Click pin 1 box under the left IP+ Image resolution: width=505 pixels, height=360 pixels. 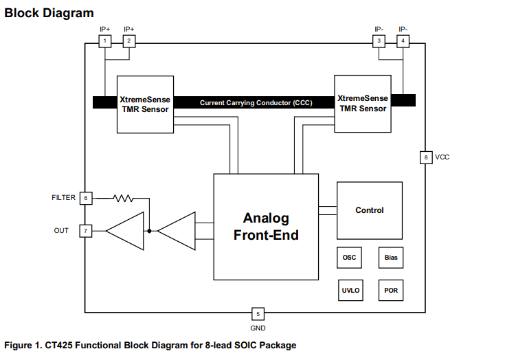point(104,41)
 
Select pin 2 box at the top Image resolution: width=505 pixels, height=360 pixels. point(128,41)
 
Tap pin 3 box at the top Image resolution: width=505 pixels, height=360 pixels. point(379,41)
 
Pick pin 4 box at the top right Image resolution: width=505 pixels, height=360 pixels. point(403,41)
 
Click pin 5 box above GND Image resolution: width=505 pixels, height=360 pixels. point(258,314)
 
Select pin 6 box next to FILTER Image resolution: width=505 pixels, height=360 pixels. point(86,198)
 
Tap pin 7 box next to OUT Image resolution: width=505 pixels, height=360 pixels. point(86,231)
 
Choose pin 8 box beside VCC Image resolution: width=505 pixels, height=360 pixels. point(426,157)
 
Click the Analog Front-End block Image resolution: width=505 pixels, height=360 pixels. point(266,226)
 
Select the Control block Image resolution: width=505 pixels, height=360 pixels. point(369,210)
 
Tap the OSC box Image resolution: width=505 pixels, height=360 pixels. point(349,258)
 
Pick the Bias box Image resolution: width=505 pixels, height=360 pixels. point(390,258)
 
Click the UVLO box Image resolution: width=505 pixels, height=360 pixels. point(349,290)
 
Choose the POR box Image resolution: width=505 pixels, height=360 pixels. point(390,290)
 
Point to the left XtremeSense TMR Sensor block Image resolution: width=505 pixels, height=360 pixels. point(144,104)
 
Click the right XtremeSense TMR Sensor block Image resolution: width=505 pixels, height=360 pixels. point(362,104)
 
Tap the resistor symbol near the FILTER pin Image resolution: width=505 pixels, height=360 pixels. point(124,198)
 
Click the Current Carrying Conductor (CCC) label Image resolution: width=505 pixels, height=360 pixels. point(256,102)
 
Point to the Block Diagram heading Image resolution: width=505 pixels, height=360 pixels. point(49,13)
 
